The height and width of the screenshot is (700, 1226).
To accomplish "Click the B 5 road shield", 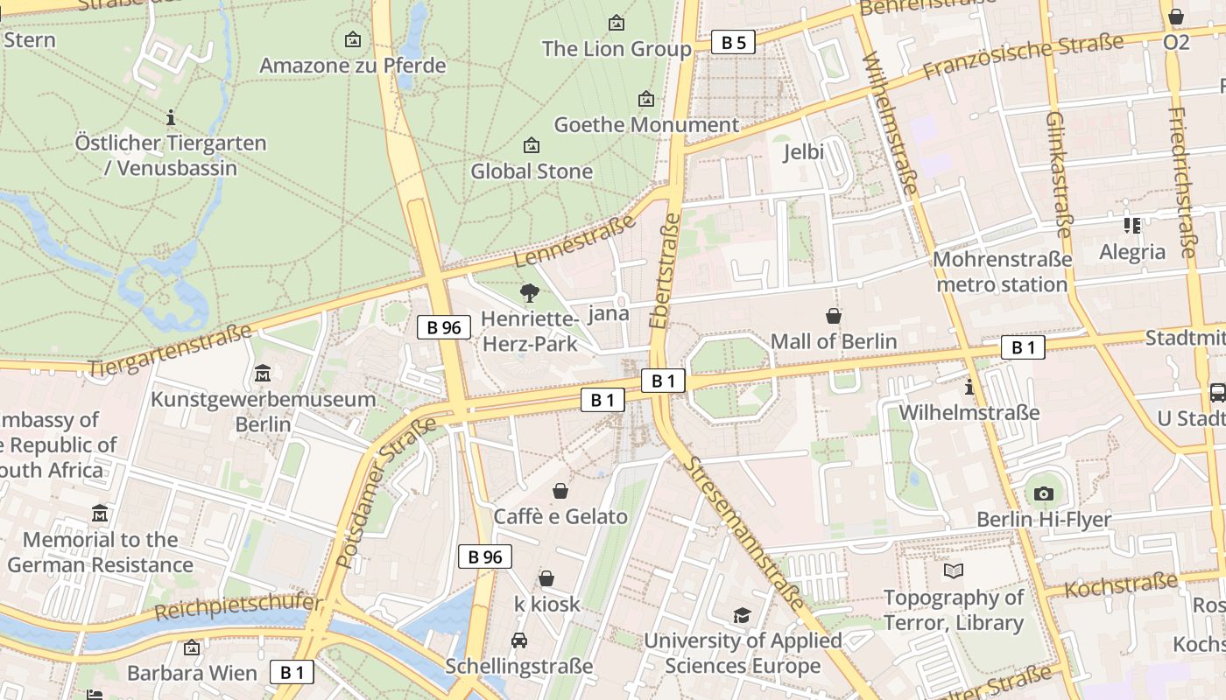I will click(732, 42).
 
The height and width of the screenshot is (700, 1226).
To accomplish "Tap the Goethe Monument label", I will click(646, 125).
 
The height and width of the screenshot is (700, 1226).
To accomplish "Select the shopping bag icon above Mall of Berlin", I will click(834, 316).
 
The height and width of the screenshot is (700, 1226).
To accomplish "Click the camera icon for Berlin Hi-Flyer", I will click(1043, 494).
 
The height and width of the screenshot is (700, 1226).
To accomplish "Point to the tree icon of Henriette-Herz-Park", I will click(529, 293).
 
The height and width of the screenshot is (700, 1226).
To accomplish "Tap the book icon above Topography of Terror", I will click(954, 571).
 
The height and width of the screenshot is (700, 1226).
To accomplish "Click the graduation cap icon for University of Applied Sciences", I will click(742, 615).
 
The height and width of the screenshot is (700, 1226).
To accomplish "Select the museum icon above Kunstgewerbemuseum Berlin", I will click(263, 374).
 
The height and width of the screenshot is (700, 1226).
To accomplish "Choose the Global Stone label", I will click(532, 171).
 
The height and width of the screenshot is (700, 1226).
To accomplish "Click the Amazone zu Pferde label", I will click(353, 66).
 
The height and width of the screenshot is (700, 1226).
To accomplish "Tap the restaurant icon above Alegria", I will click(1131, 227).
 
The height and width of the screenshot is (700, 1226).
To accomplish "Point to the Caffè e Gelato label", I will click(560, 516).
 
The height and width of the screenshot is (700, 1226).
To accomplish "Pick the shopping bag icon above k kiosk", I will click(546, 578).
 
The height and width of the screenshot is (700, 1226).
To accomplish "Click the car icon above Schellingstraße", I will click(519, 640).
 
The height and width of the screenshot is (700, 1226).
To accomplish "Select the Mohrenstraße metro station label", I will click(1002, 272).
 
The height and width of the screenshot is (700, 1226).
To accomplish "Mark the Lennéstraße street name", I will click(574, 241).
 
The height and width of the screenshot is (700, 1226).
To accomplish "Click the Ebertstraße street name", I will click(665, 271).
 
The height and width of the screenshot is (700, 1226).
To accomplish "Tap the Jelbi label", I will click(803, 152).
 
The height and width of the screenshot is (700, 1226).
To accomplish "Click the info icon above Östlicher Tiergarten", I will click(171, 116).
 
